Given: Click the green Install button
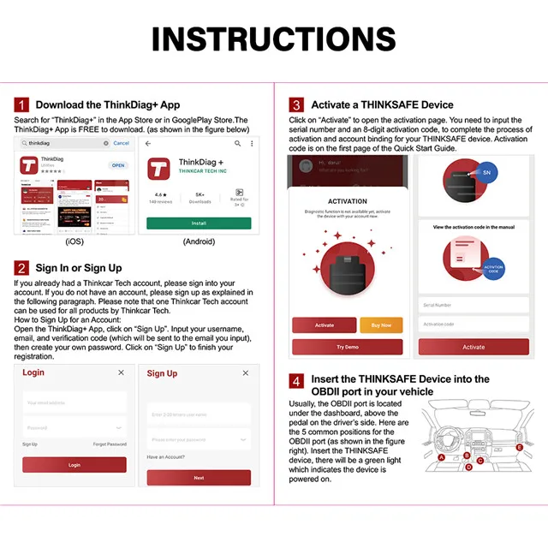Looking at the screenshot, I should point(199,223).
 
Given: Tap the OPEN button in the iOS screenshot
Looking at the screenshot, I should point(117,165).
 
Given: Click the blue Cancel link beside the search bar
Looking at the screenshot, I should point(122,143).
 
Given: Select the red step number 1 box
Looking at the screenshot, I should point(21,104).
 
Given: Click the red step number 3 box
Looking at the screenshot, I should point(296,104).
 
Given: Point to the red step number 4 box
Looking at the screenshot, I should point(296,381).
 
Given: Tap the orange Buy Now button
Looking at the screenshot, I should point(381,325).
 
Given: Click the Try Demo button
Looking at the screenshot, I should point(347,347).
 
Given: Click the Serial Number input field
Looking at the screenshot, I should point(473,305).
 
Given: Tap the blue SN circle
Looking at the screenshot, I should point(487,172).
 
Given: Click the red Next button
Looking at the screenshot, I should point(199,478).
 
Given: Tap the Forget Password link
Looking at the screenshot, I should point(110,444).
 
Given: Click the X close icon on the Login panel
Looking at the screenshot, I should point(121,372).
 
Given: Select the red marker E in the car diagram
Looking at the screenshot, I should point(519,446).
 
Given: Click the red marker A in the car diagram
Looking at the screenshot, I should point(441,458).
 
